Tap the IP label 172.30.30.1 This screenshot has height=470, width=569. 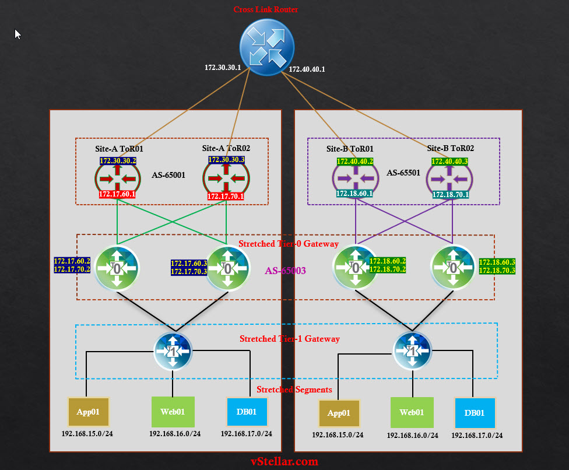(x=223, y=68)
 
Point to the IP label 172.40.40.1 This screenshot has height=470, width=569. (x=307, y=69)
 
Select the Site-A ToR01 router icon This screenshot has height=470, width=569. (x=117, y=178)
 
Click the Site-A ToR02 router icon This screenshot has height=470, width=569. (x=226, y=178)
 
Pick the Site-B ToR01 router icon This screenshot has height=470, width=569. (x=355, y=178)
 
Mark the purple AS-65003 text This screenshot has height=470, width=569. (x=285, y=271)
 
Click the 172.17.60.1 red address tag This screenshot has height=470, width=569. (x=117, y=194)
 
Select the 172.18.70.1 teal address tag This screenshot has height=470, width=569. (x=450, y=195)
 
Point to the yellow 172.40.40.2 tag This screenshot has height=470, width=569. (x=354, y=162)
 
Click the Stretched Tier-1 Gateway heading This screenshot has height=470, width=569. (x=290, y=339)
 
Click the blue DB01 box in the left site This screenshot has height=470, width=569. (x=247, y=412)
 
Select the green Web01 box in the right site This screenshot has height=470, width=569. (x=412, y=413)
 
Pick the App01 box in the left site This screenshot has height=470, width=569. (x=89, y=411)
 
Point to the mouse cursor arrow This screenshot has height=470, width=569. (x=17, y=34)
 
